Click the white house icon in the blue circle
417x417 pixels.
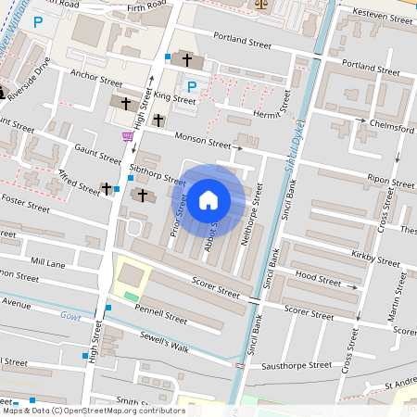click(x=208, y=198)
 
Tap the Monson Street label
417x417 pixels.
click(x=205, y=143)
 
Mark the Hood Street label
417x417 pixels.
click(x=318, y=276)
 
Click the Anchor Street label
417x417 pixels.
click(x=95, y=81)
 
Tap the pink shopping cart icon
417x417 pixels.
click(x=127, y=135)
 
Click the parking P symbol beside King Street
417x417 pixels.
click(x=192, y=87)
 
